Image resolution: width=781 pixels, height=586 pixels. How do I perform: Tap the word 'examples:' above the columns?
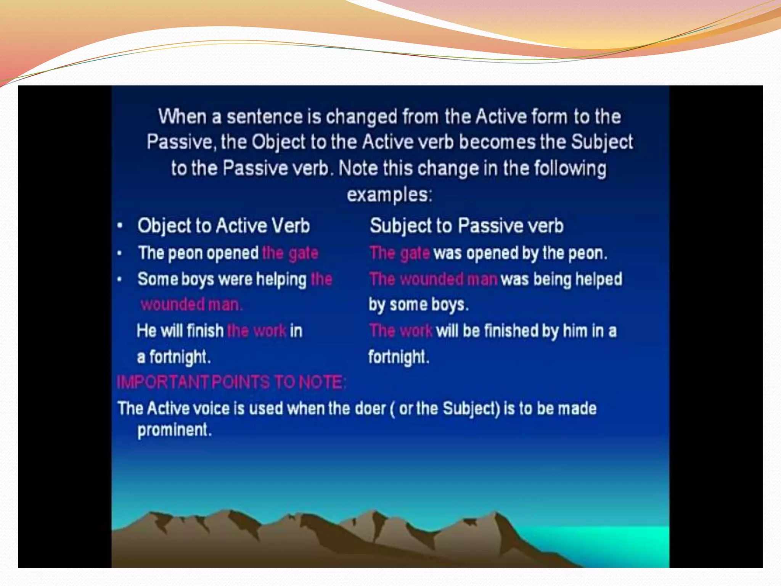coord(389,195)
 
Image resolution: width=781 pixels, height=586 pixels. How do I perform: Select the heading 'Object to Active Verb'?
coord(223,225)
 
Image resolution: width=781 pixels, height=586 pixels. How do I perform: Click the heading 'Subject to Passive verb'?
coord(466,225)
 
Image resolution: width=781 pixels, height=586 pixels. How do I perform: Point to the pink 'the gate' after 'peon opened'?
coord(290,253)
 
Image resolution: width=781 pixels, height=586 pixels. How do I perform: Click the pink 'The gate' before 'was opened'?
coord(400,253)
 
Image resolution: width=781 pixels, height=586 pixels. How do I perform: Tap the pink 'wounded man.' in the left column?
coord(191,304)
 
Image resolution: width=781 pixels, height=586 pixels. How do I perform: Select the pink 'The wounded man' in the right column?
coord(433,279)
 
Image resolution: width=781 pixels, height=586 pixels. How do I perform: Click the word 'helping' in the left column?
coord(281,279)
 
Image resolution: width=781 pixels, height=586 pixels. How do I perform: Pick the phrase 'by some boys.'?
coord(418,304)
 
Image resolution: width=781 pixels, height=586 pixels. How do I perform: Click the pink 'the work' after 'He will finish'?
coord(256,331)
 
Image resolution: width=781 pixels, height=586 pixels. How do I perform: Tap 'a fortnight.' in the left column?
coord(174,357)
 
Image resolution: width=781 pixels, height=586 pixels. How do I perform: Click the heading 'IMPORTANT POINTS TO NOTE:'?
coord(231,382)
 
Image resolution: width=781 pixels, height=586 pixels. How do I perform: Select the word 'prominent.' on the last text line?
coord(174,430)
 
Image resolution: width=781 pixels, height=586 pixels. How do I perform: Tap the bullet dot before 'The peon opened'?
coord(120,253)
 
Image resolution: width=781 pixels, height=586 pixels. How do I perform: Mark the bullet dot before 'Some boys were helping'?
coord(120,279)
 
